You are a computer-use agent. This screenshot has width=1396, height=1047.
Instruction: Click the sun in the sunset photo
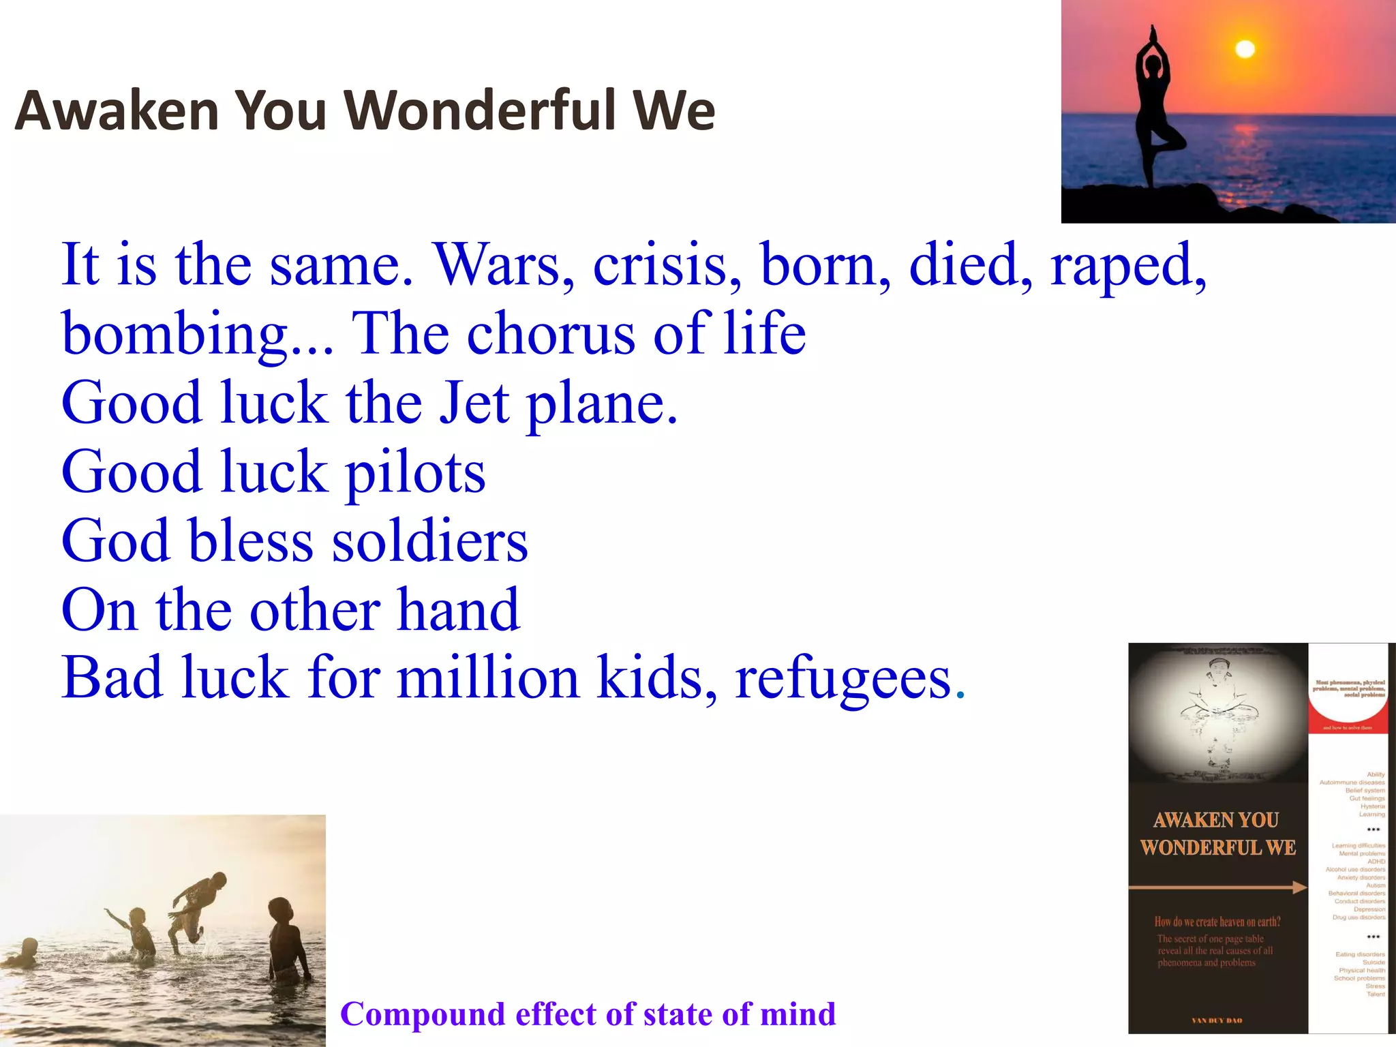click(1245, 49)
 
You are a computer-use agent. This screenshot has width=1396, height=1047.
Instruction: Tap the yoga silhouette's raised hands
click(1153, 34)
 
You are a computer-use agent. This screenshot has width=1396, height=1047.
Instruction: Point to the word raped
click(1128, 266)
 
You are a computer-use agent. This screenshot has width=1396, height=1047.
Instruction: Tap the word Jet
click(474, 403)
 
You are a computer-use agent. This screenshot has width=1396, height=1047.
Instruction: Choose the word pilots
click(415, 473)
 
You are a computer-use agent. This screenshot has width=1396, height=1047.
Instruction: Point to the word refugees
click(843, 680)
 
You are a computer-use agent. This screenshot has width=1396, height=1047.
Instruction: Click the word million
click(488, 678)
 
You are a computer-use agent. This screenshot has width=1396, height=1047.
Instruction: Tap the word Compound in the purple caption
click(422, 1014)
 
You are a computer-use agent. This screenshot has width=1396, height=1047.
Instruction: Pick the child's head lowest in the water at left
click(29, 948)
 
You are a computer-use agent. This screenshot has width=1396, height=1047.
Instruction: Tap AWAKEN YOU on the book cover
click(1216, 820)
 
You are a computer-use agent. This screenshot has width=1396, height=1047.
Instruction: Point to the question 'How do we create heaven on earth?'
click(1217, 922)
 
